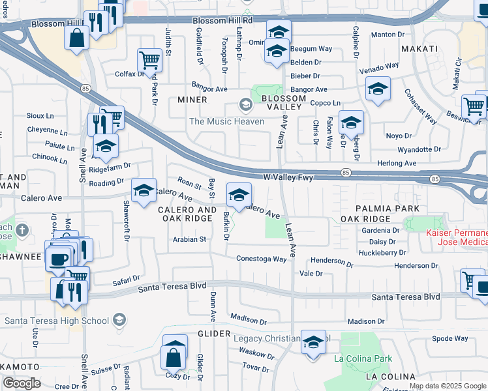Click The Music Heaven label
[x=226, y=121]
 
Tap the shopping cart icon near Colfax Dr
[x=149, y=61]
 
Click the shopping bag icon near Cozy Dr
[x=174, y=358]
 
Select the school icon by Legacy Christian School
[x=314, y=342]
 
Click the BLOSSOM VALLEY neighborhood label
[x=283, y=103]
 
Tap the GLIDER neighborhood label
[x=214, y=334]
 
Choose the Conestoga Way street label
[x=262, y=259]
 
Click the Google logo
[x=22, y=383]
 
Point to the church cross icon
[x=22, y=229]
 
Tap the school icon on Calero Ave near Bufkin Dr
[x=239, y=195]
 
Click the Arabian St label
[x=189, y=239]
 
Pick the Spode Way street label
[x=450, y=338]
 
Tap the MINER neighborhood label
[x=192, y=100]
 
